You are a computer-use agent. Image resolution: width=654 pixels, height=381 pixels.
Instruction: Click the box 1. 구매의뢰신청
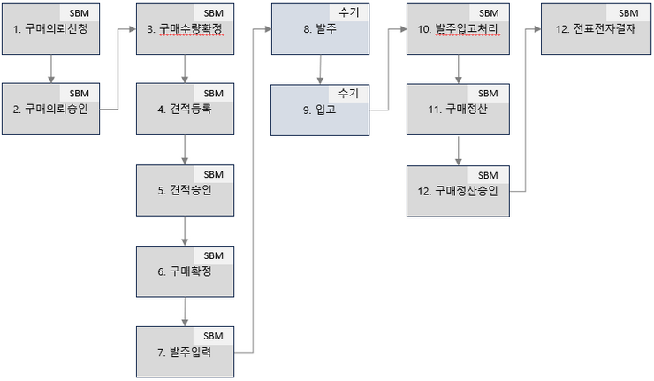point(53,29)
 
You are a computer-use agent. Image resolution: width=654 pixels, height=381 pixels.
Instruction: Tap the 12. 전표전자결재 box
point(592,29)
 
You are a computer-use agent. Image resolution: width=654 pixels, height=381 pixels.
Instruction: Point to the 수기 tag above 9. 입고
point(346,93)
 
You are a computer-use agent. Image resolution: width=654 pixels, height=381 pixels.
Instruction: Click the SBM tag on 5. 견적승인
point(214,174)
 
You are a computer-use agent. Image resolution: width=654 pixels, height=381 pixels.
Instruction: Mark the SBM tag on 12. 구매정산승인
point(487,174)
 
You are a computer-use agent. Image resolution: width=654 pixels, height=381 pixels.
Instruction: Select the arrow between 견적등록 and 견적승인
point(184,148)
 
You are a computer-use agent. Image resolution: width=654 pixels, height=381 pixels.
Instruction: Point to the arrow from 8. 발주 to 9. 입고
point(320,70)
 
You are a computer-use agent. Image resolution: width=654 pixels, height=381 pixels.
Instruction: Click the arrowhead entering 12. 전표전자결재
point(536,29)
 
